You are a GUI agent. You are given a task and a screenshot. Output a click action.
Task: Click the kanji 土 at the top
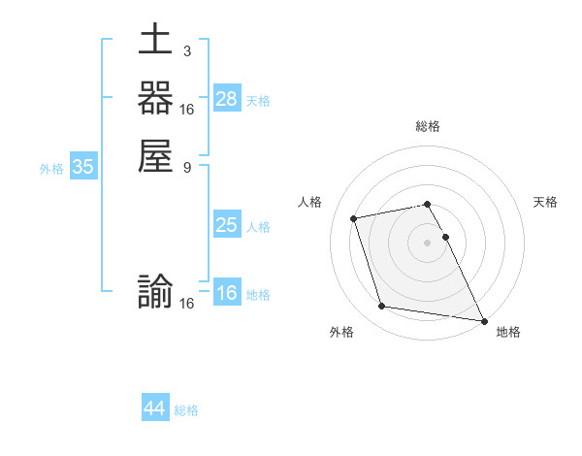pos(155,42)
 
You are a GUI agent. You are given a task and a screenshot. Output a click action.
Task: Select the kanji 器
pos(155,100)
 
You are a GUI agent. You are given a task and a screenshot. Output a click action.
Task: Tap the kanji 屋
pos(155,157)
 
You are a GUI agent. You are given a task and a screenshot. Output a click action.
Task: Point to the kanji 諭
pos(155,293)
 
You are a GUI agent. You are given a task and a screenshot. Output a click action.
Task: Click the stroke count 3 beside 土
pos(186,50)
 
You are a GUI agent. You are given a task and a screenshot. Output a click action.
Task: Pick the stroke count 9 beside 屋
pos(186,167)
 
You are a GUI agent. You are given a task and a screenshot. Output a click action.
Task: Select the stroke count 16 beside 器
pos(187,109)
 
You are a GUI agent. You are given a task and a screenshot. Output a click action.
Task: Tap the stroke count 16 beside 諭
pos(187,303)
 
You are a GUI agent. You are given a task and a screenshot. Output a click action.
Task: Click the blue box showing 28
pos(227,99)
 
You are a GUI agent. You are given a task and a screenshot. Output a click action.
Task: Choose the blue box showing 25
pos(227,225)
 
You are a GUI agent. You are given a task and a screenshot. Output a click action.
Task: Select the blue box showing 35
pos(83,167)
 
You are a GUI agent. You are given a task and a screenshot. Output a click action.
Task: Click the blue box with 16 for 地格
pos(227,293)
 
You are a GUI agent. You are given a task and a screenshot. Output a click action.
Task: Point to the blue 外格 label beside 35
pos(51,168)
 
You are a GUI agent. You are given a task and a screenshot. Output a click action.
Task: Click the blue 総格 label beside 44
pos(186,410)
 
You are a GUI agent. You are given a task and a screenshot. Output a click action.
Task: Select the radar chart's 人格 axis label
pos(309,202)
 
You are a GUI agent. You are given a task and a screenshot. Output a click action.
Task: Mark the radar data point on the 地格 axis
pos(483,319)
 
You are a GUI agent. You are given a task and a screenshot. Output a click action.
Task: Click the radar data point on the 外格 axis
pos(382,307)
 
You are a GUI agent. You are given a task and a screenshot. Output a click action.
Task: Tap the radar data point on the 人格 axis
pos(354,217)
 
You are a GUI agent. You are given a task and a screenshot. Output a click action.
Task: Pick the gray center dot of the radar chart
pos(427,242)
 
